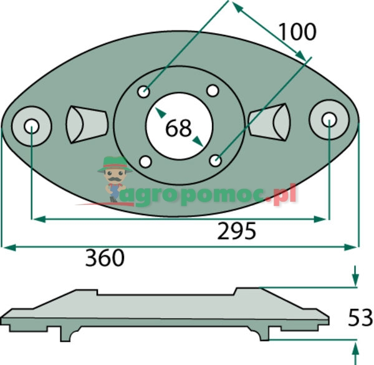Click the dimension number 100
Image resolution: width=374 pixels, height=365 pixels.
tap(297, 32)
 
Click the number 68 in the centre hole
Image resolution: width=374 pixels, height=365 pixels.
tap(178, 129)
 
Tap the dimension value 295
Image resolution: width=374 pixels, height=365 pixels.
tap(236, 231)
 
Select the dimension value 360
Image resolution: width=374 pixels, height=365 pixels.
tap(105, 258)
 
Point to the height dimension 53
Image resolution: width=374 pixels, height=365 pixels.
tap(360, 317)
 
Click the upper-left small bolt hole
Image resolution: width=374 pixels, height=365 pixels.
tap(144, 92)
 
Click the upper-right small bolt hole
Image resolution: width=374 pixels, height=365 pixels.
tap(213, 90)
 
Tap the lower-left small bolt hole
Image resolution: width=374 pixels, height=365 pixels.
tap(145, 162)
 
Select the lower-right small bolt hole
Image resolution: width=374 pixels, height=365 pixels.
tap(216, 160)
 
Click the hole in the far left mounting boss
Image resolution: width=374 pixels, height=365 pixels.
tap(32, 126)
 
